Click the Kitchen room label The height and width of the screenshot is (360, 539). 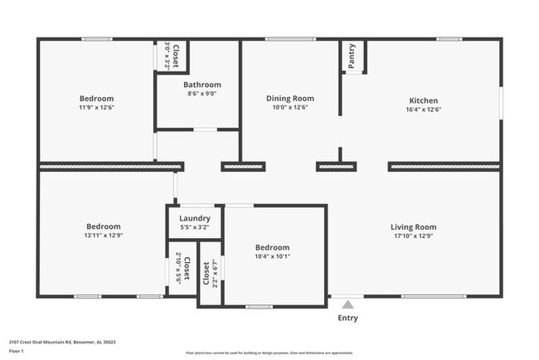click(423, 100)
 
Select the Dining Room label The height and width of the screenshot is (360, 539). click(289, 98)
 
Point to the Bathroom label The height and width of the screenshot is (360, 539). click(202, 85)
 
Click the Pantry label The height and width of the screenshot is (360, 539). click(352, 56)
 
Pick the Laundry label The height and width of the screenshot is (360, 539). click(195, 218)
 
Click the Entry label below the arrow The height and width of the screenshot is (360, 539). click(348, 318)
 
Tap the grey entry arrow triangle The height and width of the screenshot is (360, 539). click(348, 304)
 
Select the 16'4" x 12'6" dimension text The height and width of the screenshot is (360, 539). click(423, 109)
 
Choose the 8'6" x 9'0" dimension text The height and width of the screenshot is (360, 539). click(202, 95)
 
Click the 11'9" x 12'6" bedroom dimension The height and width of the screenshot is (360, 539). click(96, 108)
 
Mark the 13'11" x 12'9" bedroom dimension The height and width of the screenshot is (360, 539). click(104, 236)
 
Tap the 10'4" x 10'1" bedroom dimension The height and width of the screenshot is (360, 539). click(272, 256)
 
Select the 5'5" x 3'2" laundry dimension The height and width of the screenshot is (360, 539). click(195, 227)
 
